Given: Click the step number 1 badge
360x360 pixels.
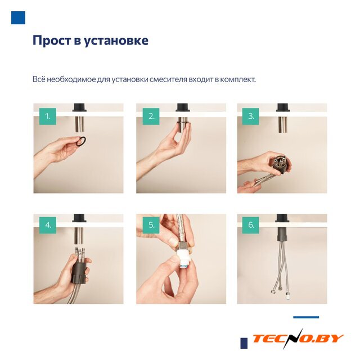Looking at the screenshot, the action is [47, 116].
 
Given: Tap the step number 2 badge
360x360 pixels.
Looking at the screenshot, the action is [151, 116].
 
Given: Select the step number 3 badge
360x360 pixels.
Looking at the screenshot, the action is [250, 116].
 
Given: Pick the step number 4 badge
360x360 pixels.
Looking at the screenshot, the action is [47, 225].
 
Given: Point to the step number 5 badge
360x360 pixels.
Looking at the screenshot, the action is [151, 225].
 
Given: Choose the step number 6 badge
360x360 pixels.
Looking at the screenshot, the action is [250, 225].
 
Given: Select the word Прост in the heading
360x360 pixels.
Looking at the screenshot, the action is [52, 40].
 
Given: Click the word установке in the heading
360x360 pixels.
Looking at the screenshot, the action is [116, 41].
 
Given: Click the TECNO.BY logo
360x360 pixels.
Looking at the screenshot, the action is [298, 339].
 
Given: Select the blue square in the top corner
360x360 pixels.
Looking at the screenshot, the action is [18, 17].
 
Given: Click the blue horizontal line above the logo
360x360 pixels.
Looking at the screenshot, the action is [306, 317].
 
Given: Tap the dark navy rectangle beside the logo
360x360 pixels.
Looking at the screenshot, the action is [244, 343].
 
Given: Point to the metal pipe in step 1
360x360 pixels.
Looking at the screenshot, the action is [79, 124].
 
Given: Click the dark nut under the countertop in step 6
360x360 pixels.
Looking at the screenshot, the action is [282, 234].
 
